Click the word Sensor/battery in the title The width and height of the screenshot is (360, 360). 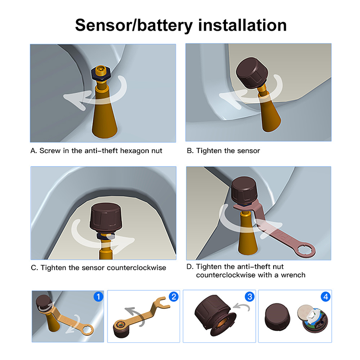(128, 24)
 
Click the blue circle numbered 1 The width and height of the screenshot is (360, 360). (98, 297)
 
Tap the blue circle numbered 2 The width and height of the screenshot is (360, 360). (173, 297)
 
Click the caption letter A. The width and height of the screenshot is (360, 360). (33, 151)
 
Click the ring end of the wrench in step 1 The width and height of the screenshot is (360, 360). (86, 330)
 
